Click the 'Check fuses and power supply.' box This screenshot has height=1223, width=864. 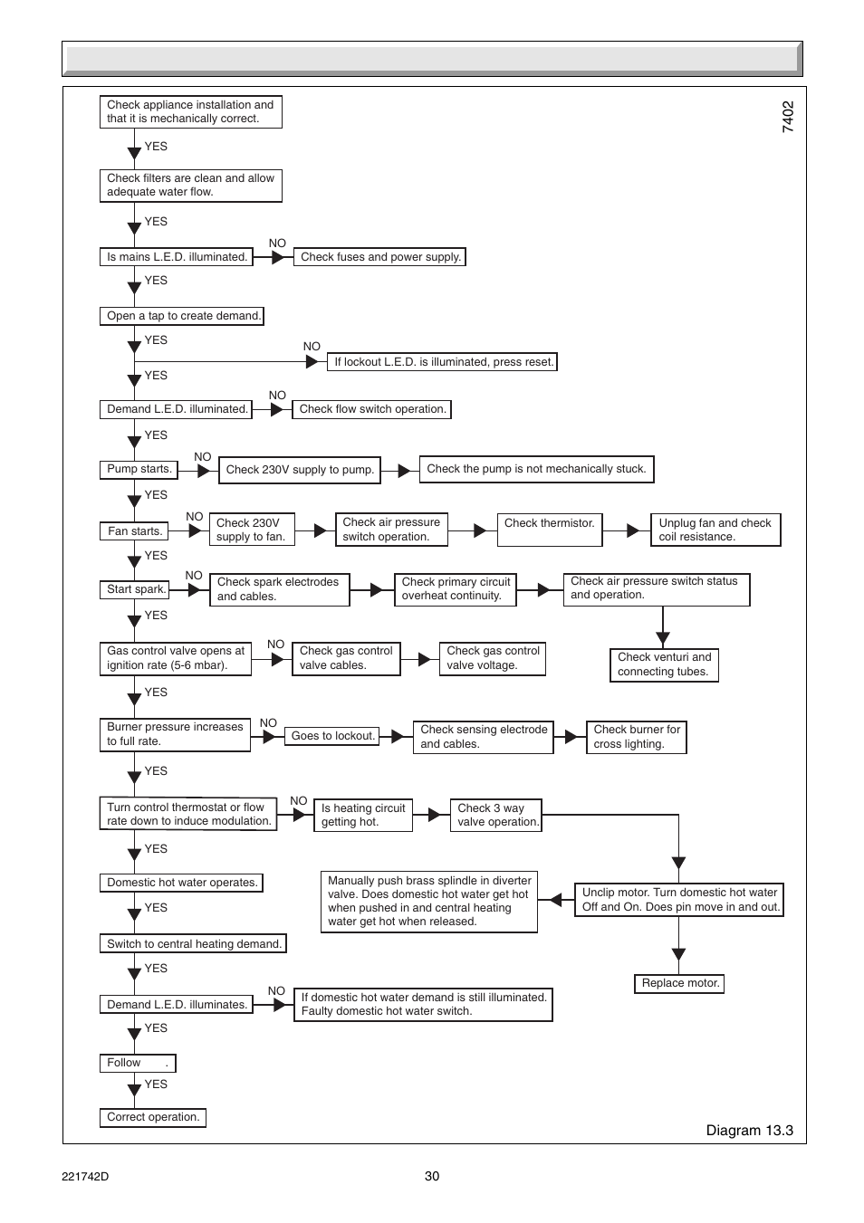[x=379, y=257]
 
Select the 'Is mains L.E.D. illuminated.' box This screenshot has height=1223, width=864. [x=176, y=257]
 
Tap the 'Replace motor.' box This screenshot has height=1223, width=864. [x=679, y=983]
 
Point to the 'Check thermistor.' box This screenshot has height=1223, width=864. [x=550, y=530]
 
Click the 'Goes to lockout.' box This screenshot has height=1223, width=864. [x=332, y=736]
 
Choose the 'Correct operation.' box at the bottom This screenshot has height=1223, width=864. [x=153, y=1117]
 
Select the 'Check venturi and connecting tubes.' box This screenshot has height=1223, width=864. [x=664, y=664]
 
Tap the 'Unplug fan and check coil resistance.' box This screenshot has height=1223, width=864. [x=715, y=530]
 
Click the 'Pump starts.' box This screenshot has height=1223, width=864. [x=139, y=469]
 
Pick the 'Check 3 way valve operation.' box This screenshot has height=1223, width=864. [x=496, y=815]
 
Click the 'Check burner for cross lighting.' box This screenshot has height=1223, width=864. [x=636, y=737]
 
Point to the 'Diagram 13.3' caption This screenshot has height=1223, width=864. [x=749, y=1131]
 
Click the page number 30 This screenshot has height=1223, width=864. [x=432, y=1176]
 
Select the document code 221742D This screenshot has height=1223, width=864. [x=85, y=1177]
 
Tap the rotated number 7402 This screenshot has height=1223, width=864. [x=788, y=117]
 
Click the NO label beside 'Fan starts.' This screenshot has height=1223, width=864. [x=195, y=517]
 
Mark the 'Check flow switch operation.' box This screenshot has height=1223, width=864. [x=371, y=409]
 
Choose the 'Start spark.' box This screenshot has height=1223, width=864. [x=135, y=589]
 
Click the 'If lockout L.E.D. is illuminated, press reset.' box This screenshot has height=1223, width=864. [x=442, y=362]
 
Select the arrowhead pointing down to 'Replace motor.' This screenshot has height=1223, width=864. [x=679, y=954]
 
